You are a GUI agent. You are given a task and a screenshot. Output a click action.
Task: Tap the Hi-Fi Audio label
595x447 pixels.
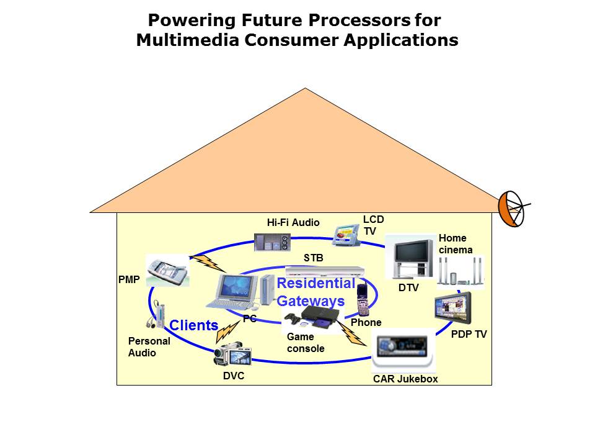(293, 222)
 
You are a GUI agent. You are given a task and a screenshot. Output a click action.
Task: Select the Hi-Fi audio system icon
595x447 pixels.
(272, 242)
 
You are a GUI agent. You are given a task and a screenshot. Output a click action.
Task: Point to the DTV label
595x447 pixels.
(408, 287)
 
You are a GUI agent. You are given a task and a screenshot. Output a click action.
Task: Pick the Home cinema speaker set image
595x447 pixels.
(460, 273)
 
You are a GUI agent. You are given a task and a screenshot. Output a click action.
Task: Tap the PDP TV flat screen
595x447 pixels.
(454, 307)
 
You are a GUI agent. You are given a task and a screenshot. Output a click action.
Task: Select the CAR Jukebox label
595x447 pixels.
(405, 379)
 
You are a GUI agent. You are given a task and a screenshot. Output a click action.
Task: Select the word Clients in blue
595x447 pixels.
(193, 325)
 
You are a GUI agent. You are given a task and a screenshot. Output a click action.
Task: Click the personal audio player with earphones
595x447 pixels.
(157, 314)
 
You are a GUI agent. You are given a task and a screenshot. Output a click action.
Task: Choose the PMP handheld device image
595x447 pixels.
(167, 271)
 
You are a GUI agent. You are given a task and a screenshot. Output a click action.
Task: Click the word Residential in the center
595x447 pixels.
(316, 284)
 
